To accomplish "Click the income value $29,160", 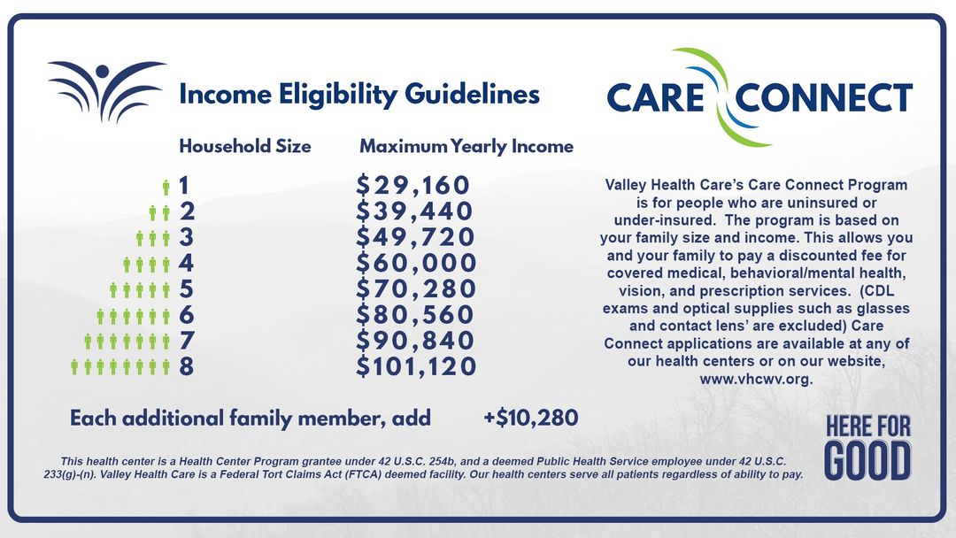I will (x=412, y=186).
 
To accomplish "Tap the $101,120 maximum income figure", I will (x=416, y=366).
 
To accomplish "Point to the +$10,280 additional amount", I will (x=530, y=418).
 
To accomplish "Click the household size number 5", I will (x=186, y=289).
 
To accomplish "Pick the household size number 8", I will (x=186, y=366).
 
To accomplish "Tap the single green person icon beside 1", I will (x=166, y=187).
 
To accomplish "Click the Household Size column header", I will (x=245, y=146).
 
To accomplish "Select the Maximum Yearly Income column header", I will (x=466, y=146).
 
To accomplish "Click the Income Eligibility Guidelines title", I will (x=359, y=94).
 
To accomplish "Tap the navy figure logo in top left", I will (x=106, y=90).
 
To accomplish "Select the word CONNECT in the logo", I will (x=824, y=97).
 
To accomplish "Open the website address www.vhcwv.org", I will (x=756, y=379).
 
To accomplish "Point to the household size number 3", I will (x=186, y=238).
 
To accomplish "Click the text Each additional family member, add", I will (x=251, y=418).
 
